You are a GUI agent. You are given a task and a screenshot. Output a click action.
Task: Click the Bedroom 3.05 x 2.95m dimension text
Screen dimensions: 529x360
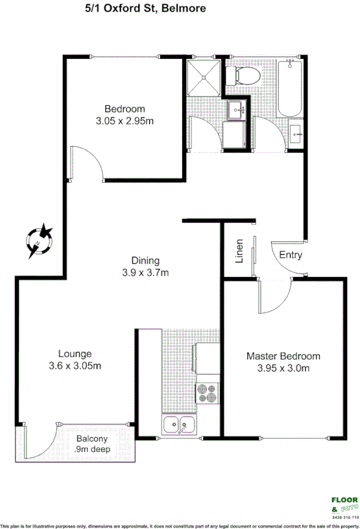coord(125,121)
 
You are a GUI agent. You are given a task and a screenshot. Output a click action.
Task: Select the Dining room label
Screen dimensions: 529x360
coord(146,261)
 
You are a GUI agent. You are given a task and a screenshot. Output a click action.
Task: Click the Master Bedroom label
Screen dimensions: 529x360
coord(283,357)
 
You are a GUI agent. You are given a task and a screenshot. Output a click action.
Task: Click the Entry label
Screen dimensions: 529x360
coord(291,255)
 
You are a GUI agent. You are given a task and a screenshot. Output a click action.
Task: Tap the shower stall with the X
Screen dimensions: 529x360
coord(204,78)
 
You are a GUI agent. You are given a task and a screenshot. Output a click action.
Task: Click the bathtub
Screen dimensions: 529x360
coord(289,88)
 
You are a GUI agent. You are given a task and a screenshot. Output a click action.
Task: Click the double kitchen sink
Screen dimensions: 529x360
coord(180,425)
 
